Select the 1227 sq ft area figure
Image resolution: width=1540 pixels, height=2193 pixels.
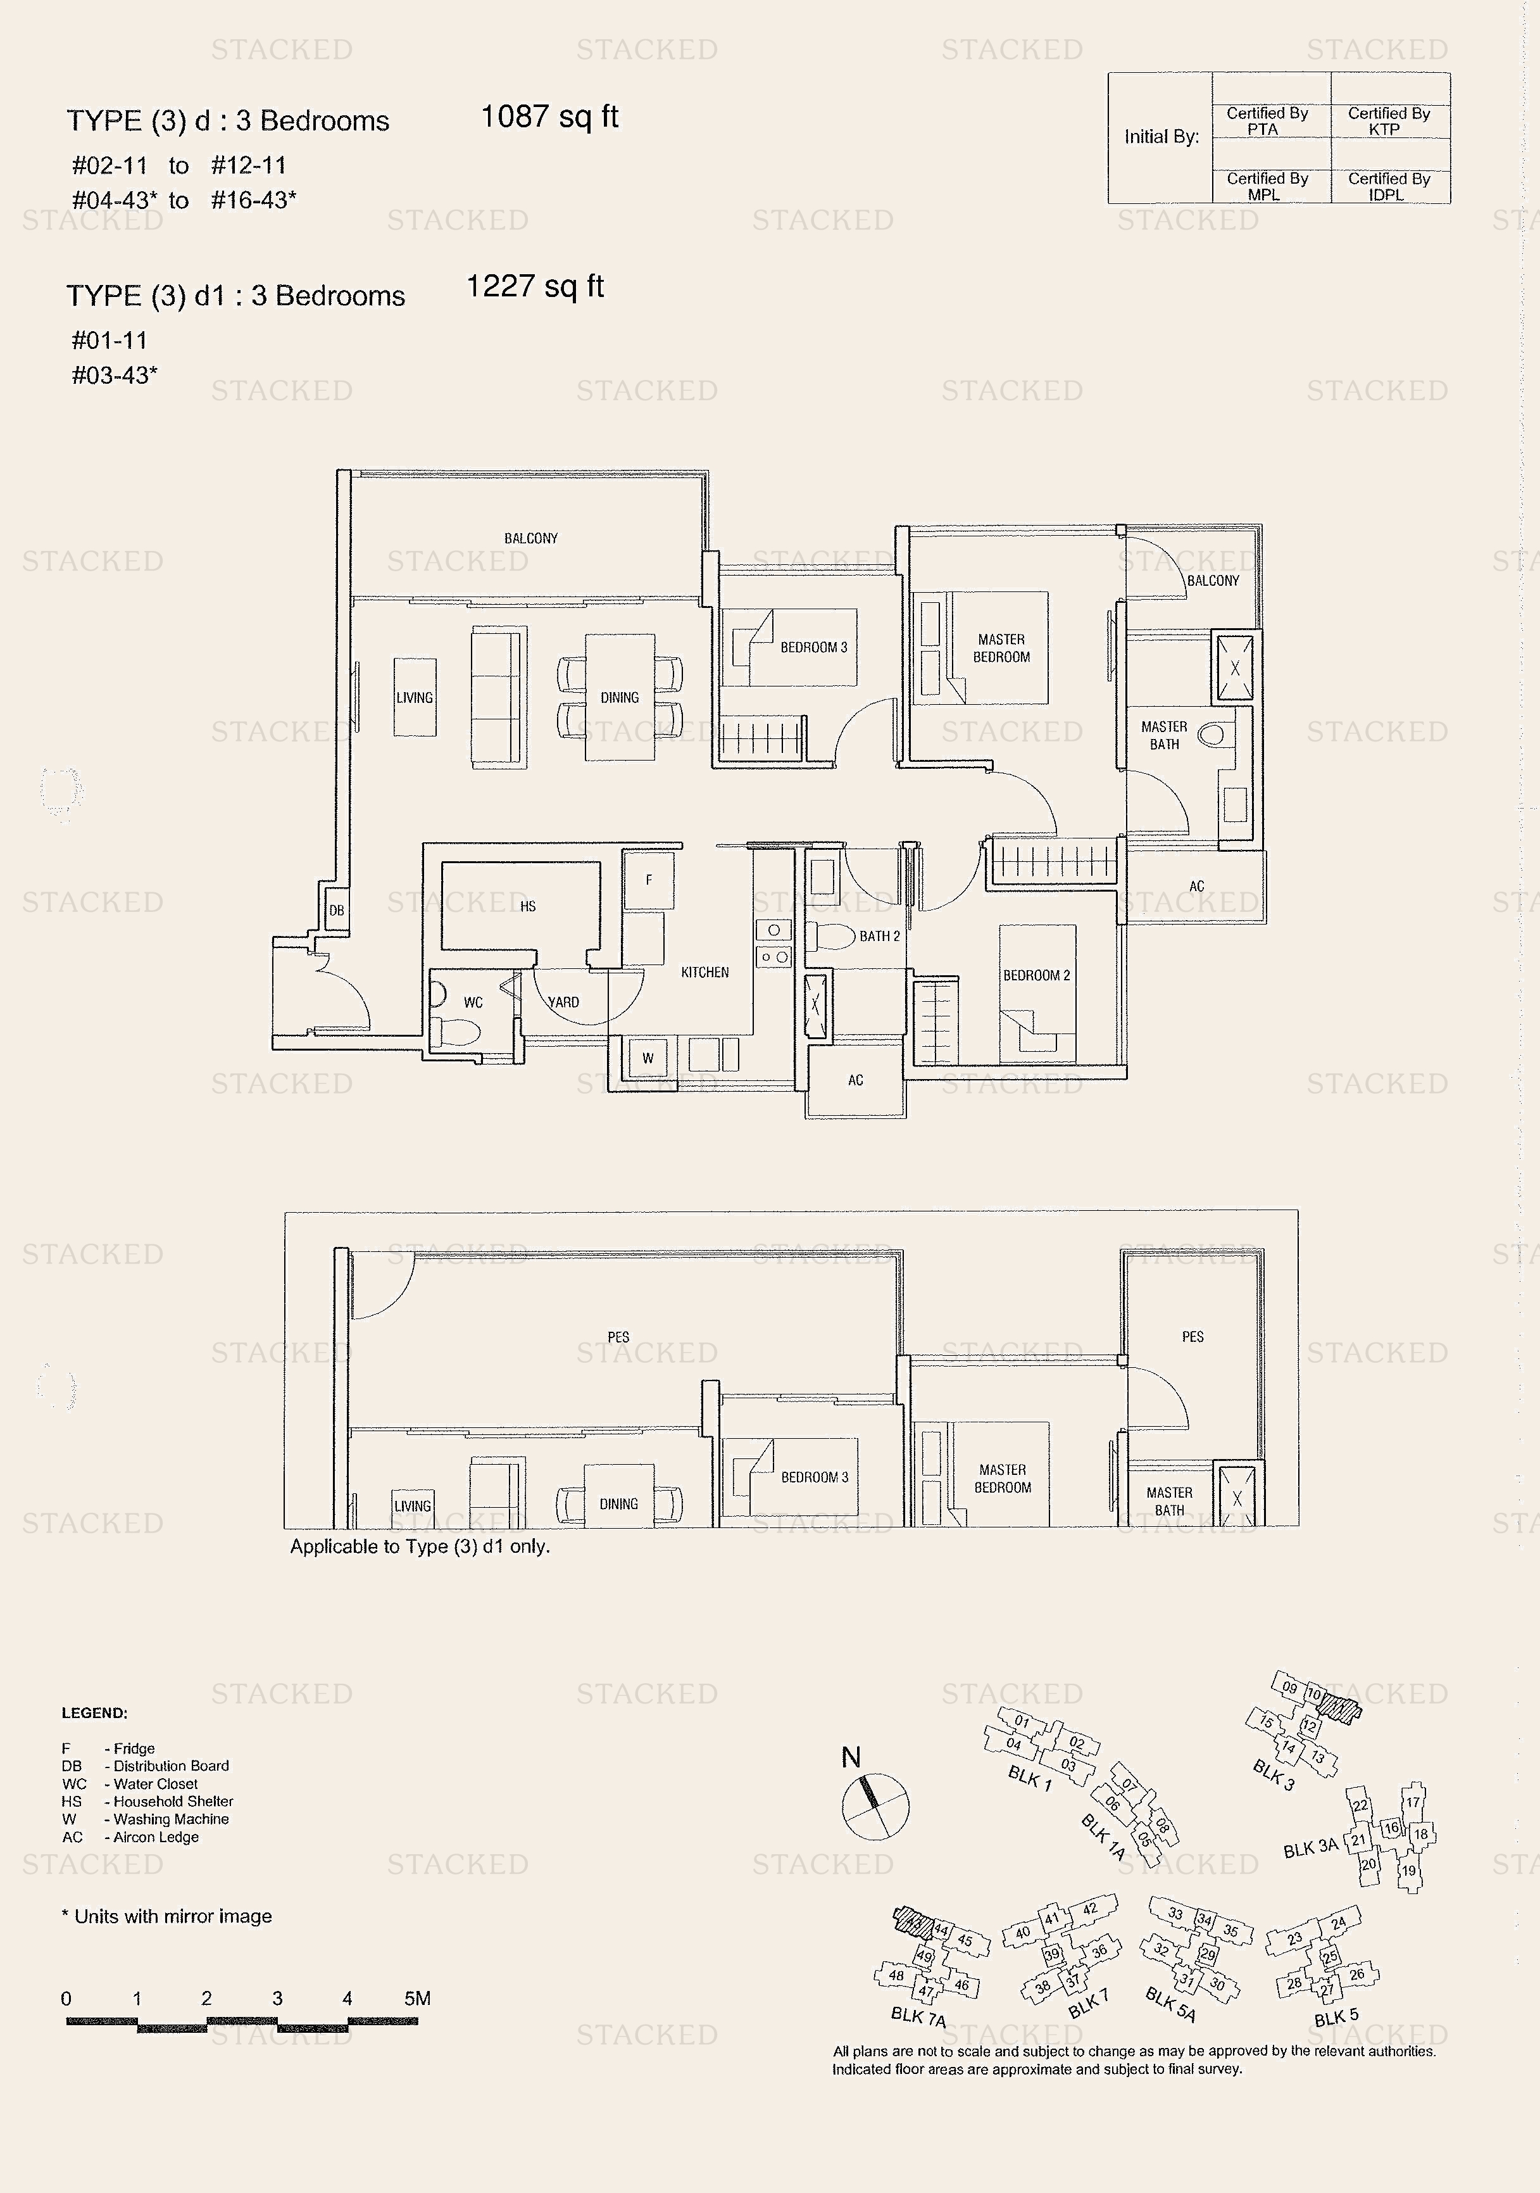[x=535, y=286]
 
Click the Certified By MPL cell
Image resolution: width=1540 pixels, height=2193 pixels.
[x=1267, y=186]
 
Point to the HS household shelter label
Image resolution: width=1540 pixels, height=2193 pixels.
[x=528, y=906]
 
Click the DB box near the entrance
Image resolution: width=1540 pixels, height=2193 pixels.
[x=336, y=909]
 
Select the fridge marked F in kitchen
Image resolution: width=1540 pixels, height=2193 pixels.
[x=648, y=880]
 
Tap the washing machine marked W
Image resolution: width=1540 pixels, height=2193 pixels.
[x=648, y=1058]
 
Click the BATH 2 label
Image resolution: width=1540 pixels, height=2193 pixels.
[x=879, y=936]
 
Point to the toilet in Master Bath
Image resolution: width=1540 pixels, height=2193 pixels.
[x=1213, y=735]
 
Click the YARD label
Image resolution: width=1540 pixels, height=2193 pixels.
[x=563, y=1002]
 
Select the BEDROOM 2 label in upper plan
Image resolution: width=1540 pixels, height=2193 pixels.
[x=1036, y=975]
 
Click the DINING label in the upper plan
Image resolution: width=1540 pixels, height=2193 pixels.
[x=620, y=697]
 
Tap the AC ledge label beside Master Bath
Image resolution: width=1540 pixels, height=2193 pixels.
[x=1196, y=885]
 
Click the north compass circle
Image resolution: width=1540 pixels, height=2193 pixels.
[x=875, y=1806]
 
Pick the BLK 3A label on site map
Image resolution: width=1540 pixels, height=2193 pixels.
[x=1311, y=1849]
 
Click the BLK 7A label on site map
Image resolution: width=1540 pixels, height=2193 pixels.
[x=918, y=2017]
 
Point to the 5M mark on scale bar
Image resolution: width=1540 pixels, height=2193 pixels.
[x=417, y=1998]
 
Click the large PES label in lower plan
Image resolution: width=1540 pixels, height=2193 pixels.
[x=618, y=1336]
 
